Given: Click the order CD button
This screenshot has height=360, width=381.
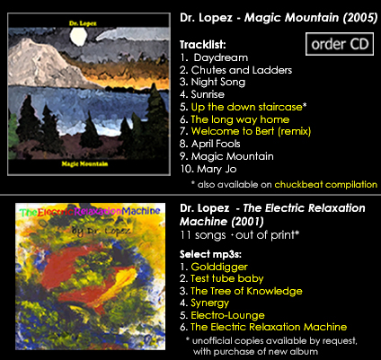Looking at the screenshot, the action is (340, 44).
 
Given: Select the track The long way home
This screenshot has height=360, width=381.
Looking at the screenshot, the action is (240, 119).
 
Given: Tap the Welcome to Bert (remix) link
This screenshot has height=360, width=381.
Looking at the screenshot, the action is (251, 131).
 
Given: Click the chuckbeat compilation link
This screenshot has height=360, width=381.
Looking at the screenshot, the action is (326, 184).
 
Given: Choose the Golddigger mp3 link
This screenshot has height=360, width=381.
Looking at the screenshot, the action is (219, 267).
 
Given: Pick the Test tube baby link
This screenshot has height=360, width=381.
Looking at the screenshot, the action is (227, 278).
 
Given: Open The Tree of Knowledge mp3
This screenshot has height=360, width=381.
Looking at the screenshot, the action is (246, 291).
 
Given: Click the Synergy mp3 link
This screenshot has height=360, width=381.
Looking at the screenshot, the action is (210, 303).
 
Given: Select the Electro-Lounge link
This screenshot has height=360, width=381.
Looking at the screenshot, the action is (227, 315).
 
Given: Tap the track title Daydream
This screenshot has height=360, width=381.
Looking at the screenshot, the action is (221, 57).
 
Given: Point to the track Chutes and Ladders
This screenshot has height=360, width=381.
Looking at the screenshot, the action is (242, 70).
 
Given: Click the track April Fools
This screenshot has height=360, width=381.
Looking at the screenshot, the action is (216, 144).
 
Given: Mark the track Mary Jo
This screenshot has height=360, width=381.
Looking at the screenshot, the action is (217, 169).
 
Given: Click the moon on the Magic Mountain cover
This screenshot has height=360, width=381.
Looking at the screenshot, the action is (78, 37).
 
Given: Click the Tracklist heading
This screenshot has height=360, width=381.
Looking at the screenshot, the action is (203, 45).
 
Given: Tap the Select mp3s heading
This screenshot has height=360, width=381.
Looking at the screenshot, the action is (210, 254).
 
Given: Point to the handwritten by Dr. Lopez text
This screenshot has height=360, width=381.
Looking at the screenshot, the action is (101, 231).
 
